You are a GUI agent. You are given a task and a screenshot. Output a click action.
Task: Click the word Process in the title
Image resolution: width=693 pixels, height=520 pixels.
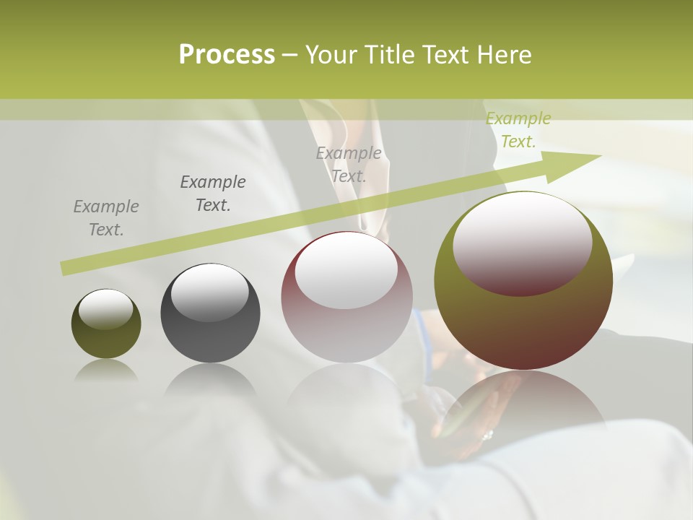[x=227, y=55]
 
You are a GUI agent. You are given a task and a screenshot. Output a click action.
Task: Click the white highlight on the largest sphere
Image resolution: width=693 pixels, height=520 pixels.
[x=523, y=242]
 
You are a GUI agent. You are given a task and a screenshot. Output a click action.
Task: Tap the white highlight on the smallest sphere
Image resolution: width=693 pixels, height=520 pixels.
[x=106, y=310]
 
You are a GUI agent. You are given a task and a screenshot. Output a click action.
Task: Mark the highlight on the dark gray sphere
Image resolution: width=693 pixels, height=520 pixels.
[x=209, y=292]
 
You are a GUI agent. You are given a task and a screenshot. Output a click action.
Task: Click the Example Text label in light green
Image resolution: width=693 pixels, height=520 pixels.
[x=518, y=130]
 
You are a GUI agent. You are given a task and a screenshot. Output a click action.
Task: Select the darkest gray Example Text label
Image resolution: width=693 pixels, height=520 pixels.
[x=213, y=193]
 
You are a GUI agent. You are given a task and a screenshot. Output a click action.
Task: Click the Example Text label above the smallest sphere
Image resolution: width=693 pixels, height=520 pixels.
[x=106, y=217]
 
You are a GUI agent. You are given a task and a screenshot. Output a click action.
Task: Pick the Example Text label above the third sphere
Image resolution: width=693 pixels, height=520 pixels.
[x=349, y=164]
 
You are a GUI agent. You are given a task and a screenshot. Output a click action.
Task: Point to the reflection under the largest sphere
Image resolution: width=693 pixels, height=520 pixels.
[x=523, y=404]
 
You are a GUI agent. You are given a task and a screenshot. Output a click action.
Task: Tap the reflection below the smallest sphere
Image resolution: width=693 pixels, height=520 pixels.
[x=106, y=370]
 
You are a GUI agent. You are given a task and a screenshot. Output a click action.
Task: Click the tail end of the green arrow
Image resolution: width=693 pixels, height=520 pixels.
[x=65, y=269]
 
